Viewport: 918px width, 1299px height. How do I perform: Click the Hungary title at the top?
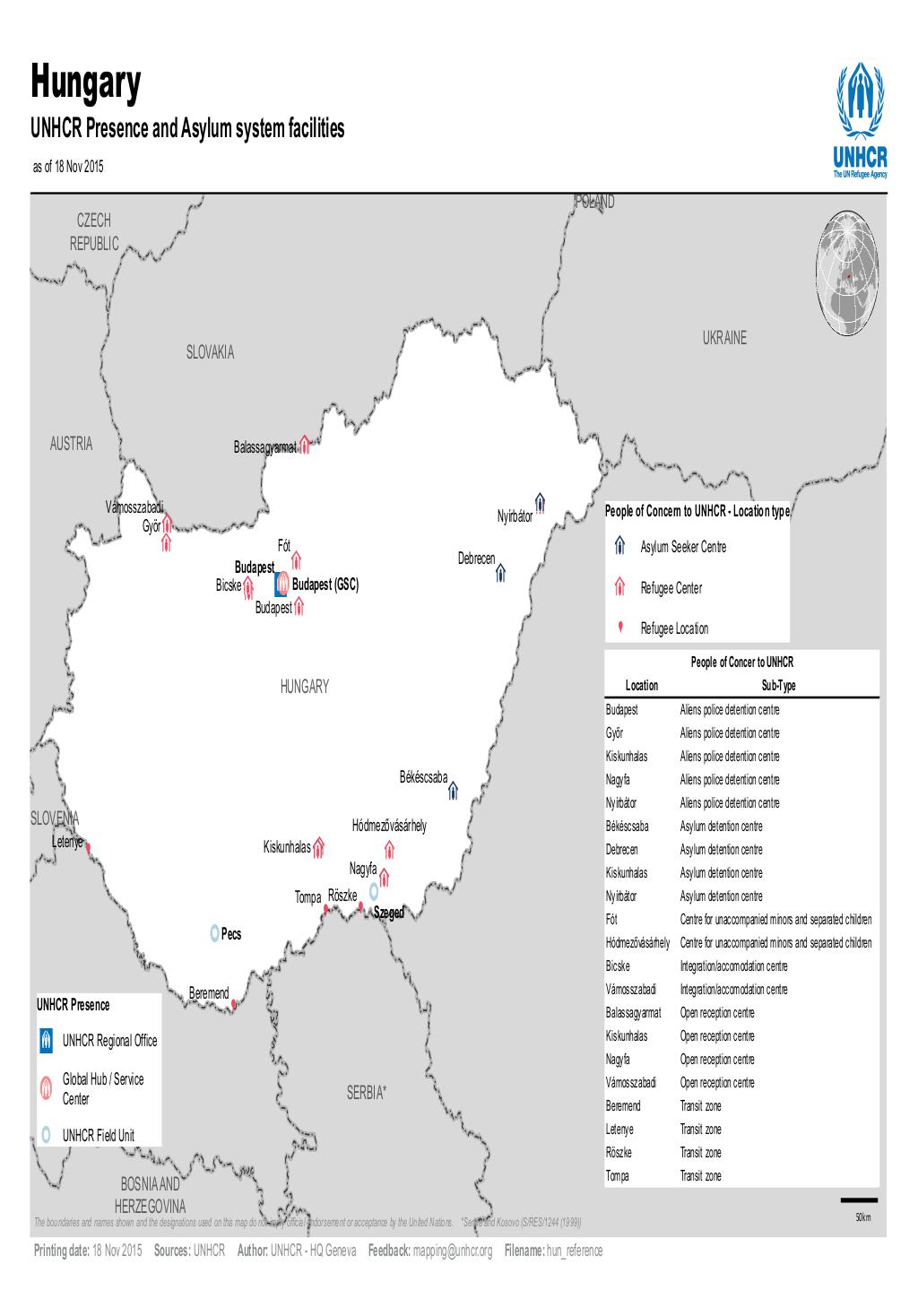[87, 84]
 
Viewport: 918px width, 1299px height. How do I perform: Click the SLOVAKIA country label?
[210, 353]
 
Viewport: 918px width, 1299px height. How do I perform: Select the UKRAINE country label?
[724, 338]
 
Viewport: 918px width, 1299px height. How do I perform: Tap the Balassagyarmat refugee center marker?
[305, 445]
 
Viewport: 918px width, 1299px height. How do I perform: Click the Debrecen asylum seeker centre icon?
[501, 571]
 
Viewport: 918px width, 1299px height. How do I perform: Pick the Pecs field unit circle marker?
[214, 933]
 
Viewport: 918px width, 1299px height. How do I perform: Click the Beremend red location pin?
[234, 1004]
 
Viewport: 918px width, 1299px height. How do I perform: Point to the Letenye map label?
[67, 842]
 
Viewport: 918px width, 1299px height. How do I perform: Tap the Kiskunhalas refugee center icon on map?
[318, 847]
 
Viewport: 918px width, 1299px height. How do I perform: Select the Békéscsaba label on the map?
[423, 777]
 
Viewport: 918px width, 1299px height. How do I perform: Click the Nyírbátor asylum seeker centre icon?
[541, 500]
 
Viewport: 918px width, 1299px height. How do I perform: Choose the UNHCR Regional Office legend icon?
[47, 1041]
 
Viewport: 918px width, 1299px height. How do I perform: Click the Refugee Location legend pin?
[619, 628]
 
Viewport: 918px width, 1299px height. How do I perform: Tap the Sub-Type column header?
[778, 686]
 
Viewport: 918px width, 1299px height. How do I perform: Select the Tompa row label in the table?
[618, 1176]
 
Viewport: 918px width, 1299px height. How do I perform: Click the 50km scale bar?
[859, 1200]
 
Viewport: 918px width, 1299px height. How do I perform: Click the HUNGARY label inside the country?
[305, 687]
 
